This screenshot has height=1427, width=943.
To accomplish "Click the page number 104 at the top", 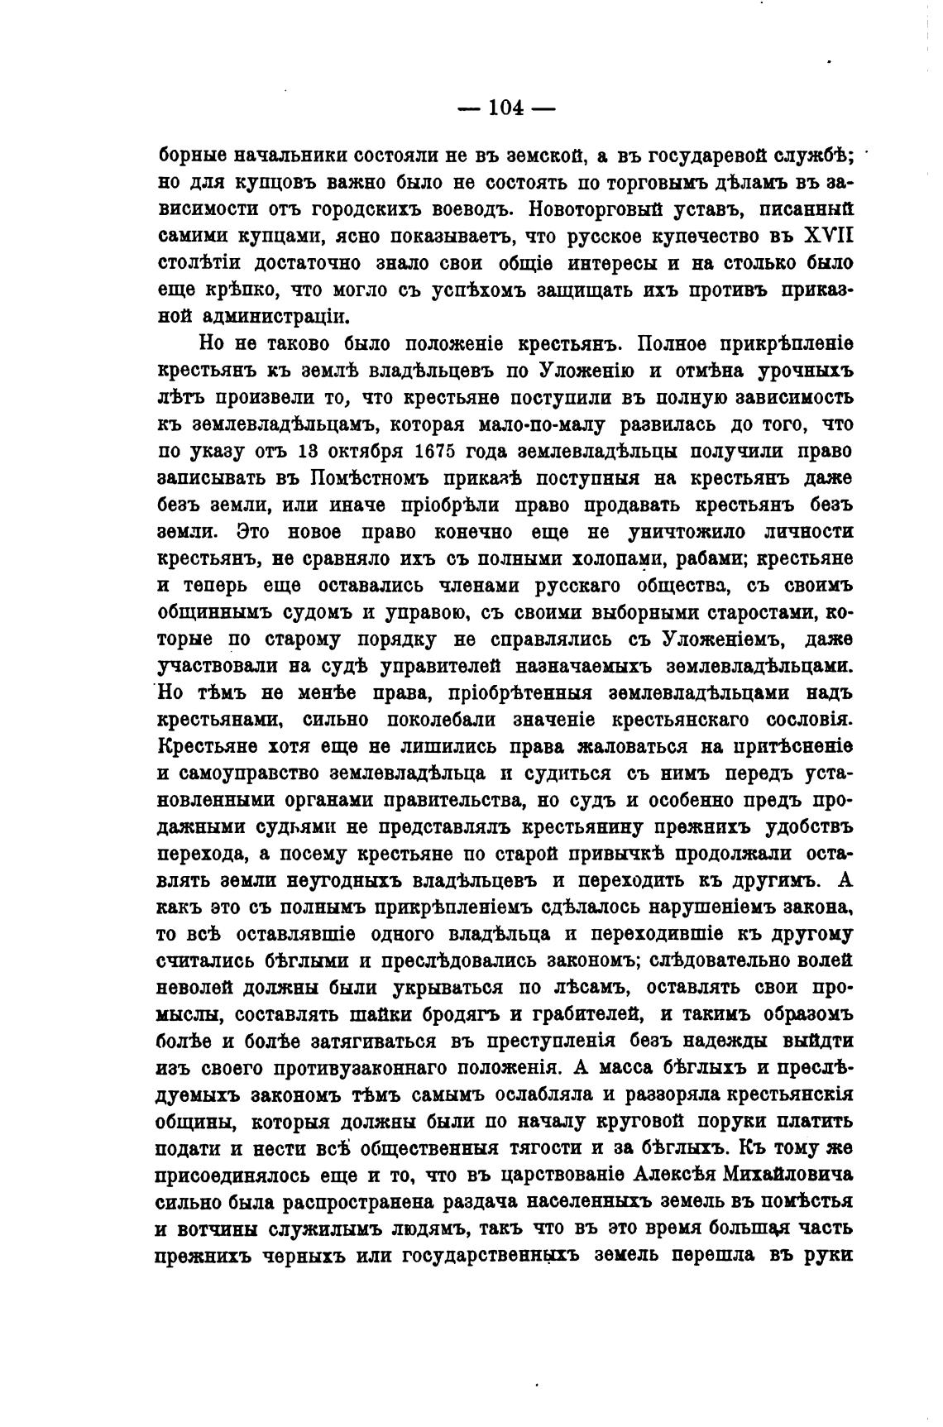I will coord(507,108).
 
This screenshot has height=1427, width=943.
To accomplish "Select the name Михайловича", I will coord(788,1176).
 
